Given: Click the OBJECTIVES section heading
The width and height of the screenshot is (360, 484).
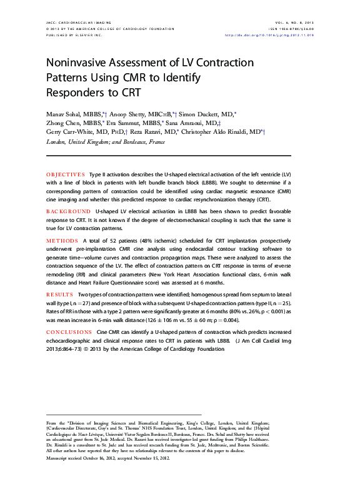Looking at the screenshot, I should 65,173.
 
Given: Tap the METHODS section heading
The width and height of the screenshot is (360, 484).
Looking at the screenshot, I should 61,241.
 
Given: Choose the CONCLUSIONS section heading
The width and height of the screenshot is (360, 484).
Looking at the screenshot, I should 69,332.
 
